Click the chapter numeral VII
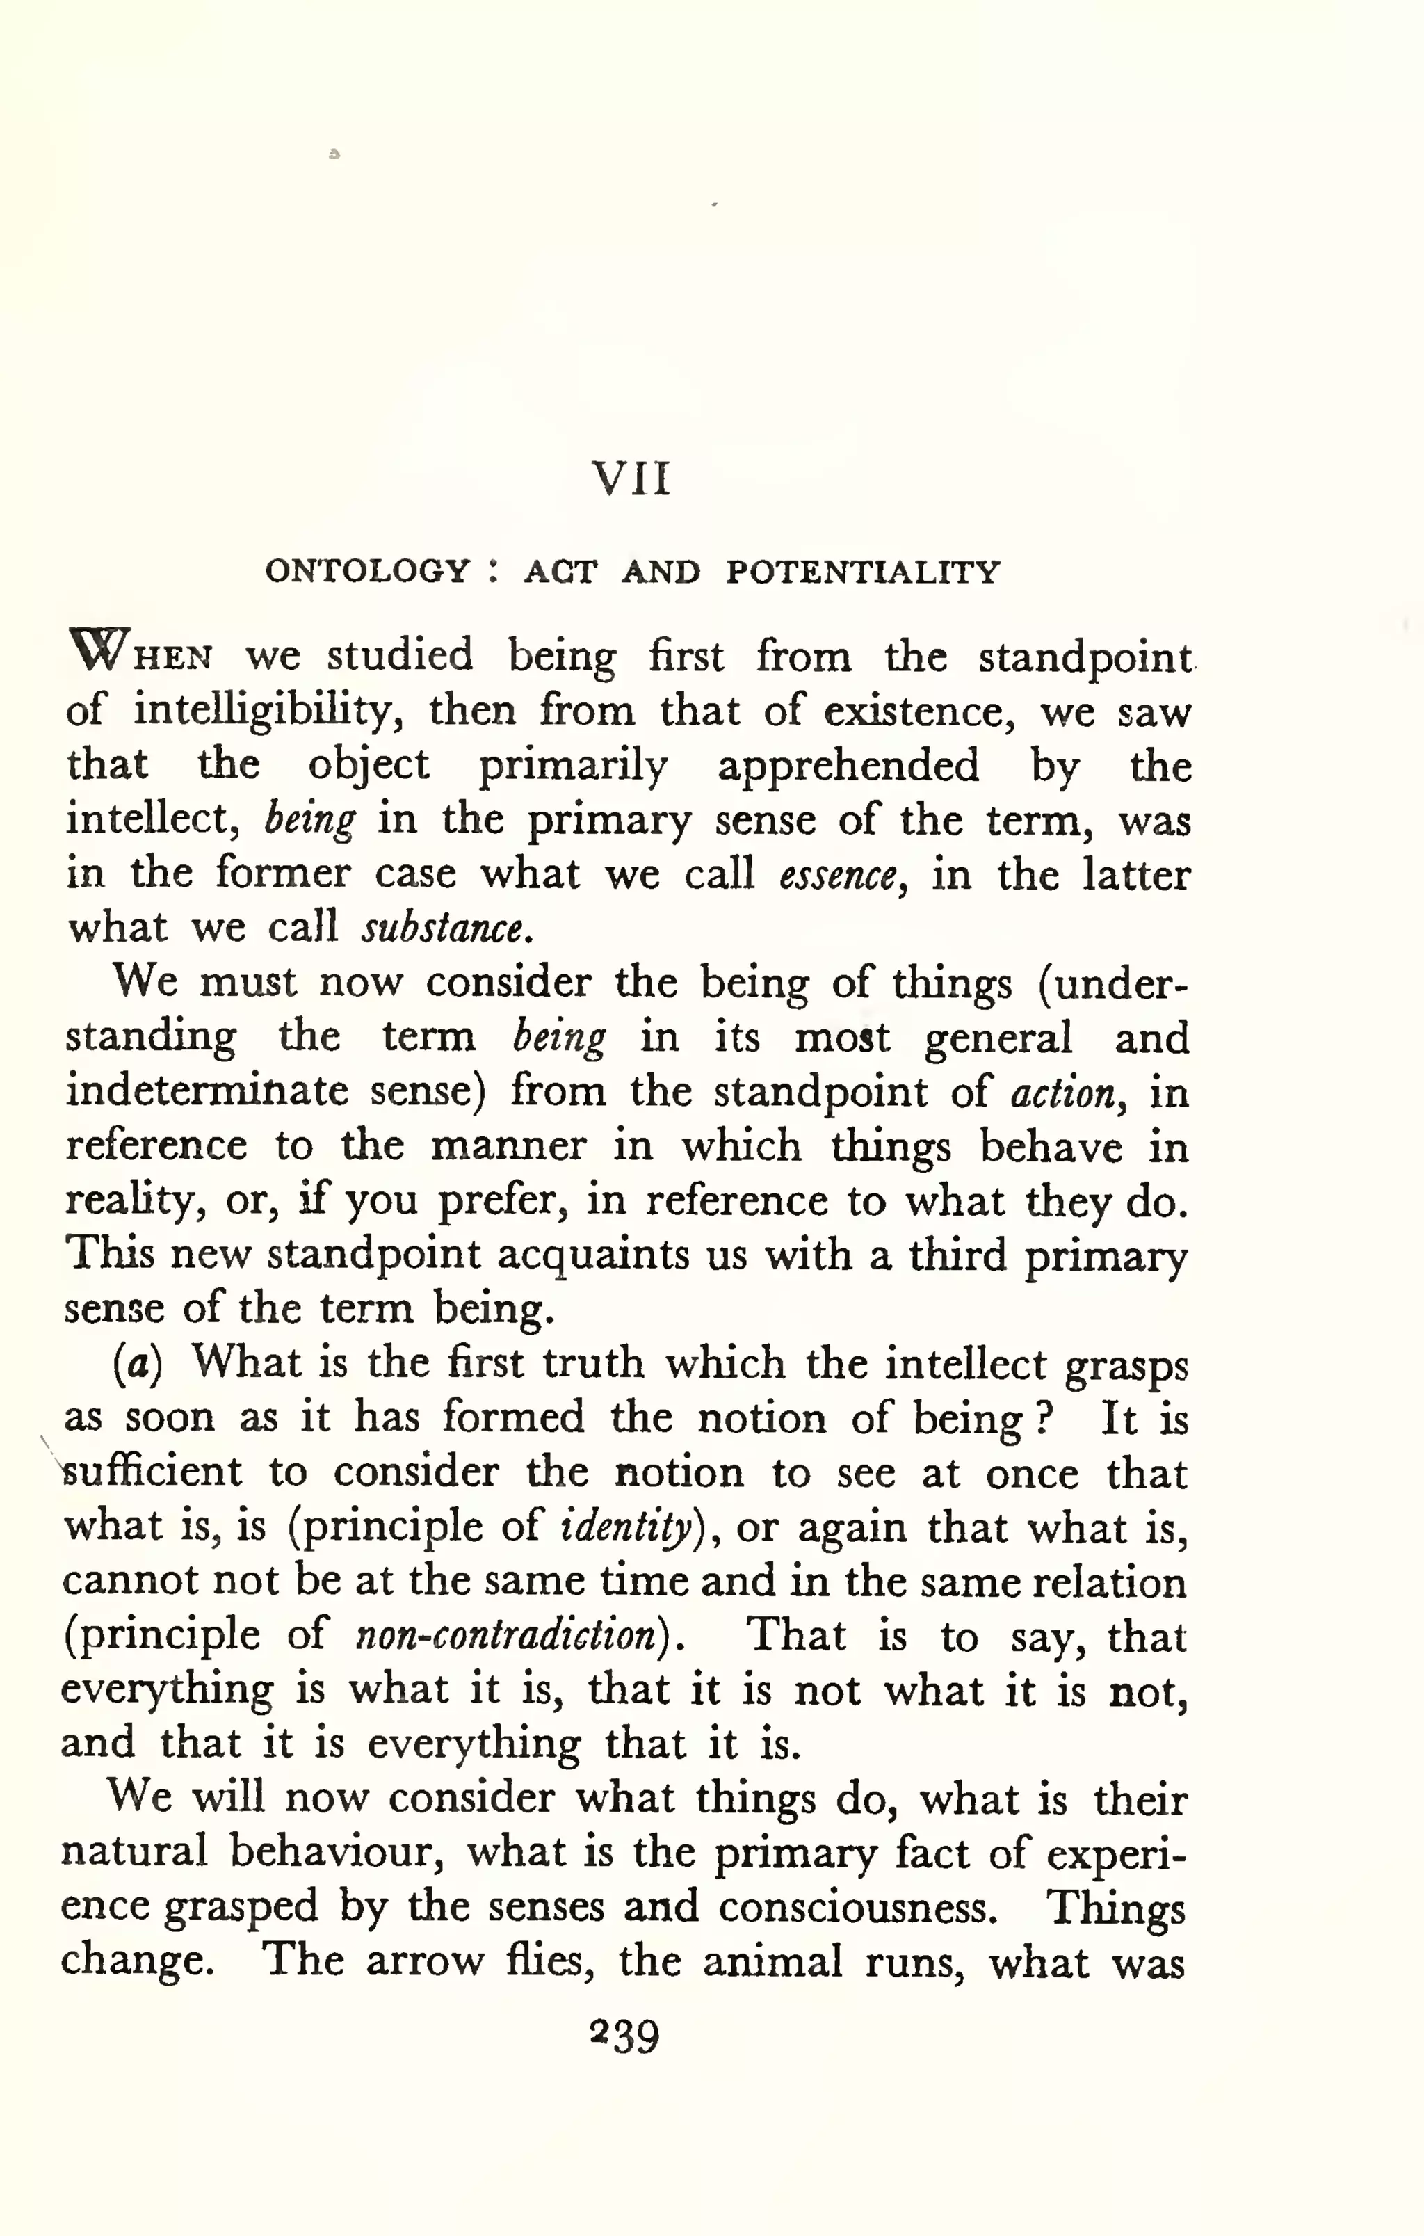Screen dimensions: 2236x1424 (x=631, y=479)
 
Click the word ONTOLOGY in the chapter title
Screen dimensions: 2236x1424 (x=368, y=570)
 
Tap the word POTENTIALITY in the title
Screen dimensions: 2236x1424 (x=862, y=571)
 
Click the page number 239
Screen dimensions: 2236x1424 (x=625, y=2036)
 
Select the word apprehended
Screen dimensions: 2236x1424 (x=848, y=766)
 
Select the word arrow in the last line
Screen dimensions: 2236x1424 (x=424, y=1961)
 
